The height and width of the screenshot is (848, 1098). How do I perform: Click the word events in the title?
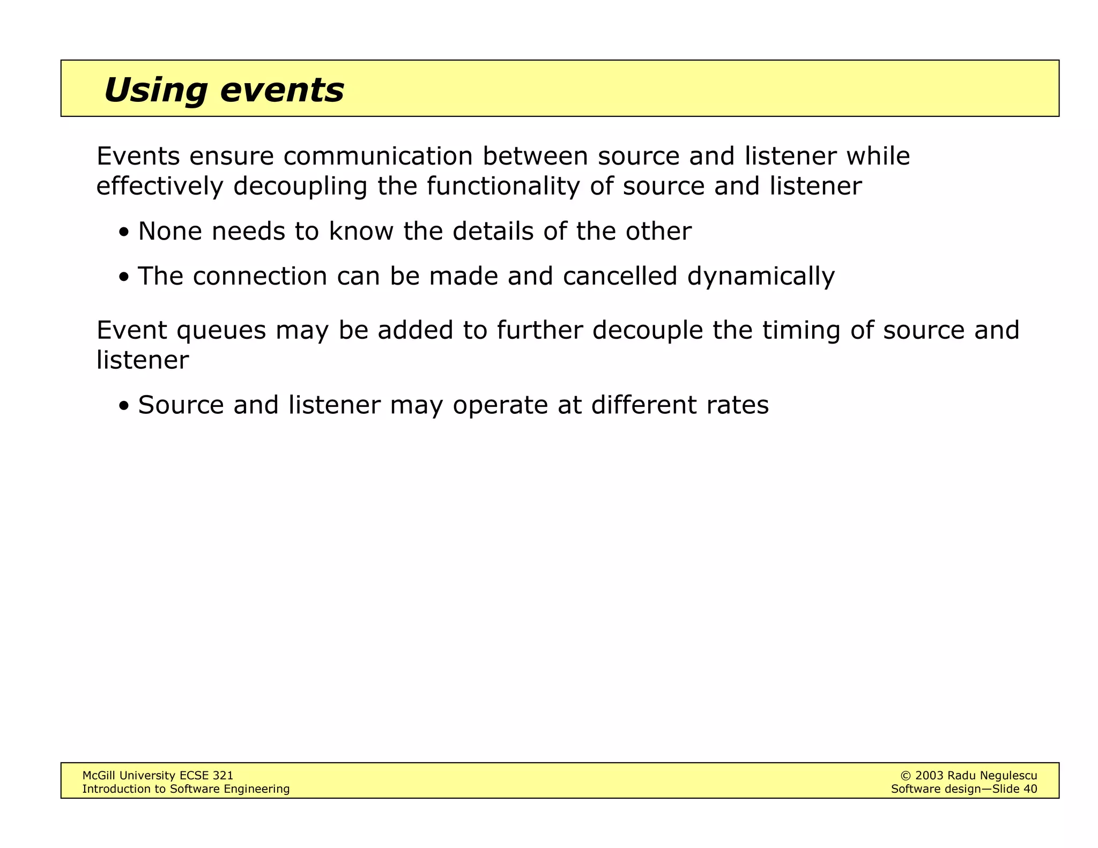[x=282, y=90]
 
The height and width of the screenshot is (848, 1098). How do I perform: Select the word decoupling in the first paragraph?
[x=300, y=187]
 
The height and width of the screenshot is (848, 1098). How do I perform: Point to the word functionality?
[x=503, y=187]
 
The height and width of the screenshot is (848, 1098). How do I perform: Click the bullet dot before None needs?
[x=124, y=233]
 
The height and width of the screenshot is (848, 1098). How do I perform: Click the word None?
[x=170, y=232]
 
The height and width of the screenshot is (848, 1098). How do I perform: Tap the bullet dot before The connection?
[x=124, y=278]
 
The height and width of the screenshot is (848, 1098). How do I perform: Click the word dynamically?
[x=761, y=277]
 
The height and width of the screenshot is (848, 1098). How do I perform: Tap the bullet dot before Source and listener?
[x=124, y=407]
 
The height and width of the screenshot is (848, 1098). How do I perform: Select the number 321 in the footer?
[x=223, y=776]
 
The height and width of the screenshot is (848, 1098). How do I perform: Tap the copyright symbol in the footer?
[x=906, y=776]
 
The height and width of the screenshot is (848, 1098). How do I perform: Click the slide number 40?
[x=1030, y=789]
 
